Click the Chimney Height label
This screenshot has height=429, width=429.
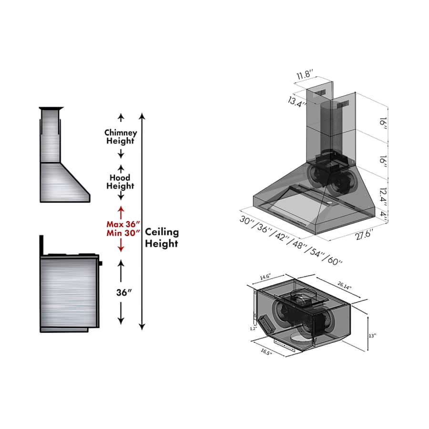point(121,137)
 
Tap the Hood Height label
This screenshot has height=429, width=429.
point(120,182)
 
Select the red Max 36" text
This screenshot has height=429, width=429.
point(123,224)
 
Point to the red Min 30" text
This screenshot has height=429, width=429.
point(123,233)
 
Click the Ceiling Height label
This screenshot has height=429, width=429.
point(162,238)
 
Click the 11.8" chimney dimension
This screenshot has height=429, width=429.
point(304,75)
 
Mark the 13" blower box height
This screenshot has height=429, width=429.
point(372,336)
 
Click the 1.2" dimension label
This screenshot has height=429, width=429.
point(253,328)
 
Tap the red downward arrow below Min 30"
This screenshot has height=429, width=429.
point(121,246)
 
